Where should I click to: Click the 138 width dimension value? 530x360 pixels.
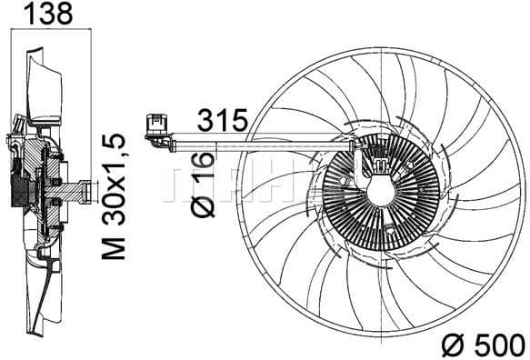point(47,15)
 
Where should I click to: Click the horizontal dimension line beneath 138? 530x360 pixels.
point(47,35)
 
